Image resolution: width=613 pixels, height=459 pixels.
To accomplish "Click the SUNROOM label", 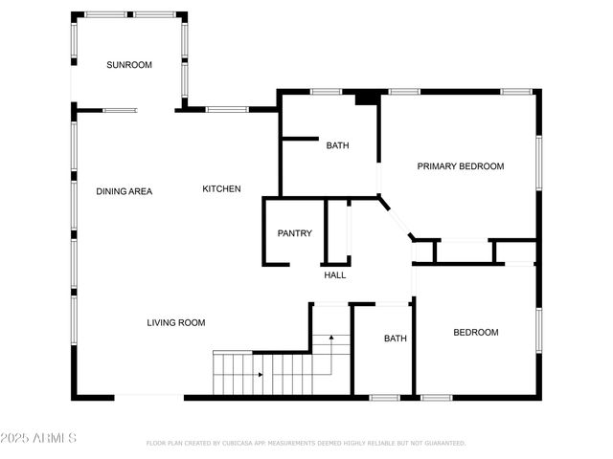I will (x=129, y=65).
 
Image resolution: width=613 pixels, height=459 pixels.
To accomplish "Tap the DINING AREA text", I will (x=124, y=191).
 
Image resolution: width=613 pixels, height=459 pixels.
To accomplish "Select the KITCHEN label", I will (x=221, y=189).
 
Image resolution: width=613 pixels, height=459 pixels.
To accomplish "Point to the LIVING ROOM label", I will (x=176, y=323).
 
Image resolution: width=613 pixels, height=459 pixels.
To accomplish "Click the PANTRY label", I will (x=294, y=233).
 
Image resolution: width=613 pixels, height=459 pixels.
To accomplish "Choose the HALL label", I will (x=334, y=275).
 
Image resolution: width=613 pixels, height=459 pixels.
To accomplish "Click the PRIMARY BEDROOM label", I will (x=460, y=166).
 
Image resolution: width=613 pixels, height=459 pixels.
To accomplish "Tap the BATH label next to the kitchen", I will (x=337, y=146).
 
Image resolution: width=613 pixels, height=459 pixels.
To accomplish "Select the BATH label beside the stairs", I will (x=396, y=339).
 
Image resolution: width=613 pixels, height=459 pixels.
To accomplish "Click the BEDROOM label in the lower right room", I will (x=475, y=333).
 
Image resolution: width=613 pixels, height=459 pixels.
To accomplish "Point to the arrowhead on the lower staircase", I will (x=260, y=375).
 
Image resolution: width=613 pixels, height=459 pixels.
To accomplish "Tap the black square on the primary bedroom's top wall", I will (x=364, y=98).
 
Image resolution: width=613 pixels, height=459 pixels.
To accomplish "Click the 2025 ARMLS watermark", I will (x=38, y=438).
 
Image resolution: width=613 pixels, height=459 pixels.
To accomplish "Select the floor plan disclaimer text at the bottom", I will (x=306, y=444).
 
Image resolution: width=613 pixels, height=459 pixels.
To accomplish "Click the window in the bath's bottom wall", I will (x=384, y=397).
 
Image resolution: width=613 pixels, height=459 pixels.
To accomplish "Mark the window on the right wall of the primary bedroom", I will (x=538, y=164).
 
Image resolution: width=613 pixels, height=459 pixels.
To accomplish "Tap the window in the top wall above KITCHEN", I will (x=227, y=109).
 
